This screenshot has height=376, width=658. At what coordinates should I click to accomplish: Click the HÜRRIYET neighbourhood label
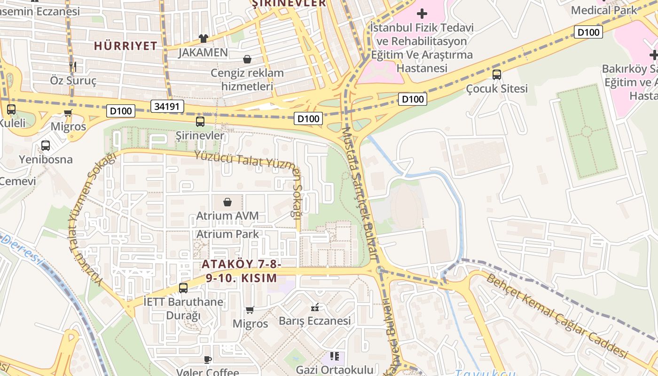[x=125, y=46]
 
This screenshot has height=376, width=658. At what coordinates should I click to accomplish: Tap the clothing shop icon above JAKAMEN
[x=203, y=38]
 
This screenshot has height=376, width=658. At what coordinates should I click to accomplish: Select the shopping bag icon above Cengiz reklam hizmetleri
[x=247, y=59]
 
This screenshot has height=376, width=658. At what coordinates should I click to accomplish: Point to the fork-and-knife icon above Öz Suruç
[x=72, y=66]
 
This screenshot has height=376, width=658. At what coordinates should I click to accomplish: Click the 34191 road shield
[x=166, y=106]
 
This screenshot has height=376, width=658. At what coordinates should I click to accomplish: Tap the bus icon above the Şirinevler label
[x=200, y=122]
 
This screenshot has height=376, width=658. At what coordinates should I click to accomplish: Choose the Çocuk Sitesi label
[x=497, y=88]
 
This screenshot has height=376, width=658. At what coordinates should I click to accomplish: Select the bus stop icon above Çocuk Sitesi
[x=497, y=74]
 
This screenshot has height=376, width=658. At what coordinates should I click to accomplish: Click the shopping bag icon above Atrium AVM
[x=227, y=202]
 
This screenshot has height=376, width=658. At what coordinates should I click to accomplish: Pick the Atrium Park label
[x=227, y=234]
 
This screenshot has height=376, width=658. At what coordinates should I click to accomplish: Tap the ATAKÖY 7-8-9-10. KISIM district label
[x=242, y=271]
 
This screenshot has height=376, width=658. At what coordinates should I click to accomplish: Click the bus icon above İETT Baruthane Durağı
[x=183, y=288]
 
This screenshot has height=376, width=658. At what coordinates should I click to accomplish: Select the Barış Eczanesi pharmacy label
[x=314, y=321]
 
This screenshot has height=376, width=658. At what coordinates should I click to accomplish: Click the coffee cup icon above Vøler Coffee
[x=208, y=360]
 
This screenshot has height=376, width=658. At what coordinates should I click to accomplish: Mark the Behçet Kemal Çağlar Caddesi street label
[x=556, y=315]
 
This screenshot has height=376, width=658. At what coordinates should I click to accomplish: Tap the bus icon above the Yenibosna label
[x=46, y=146]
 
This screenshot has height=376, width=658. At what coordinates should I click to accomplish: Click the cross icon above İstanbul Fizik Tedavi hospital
[x=422, y=14]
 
